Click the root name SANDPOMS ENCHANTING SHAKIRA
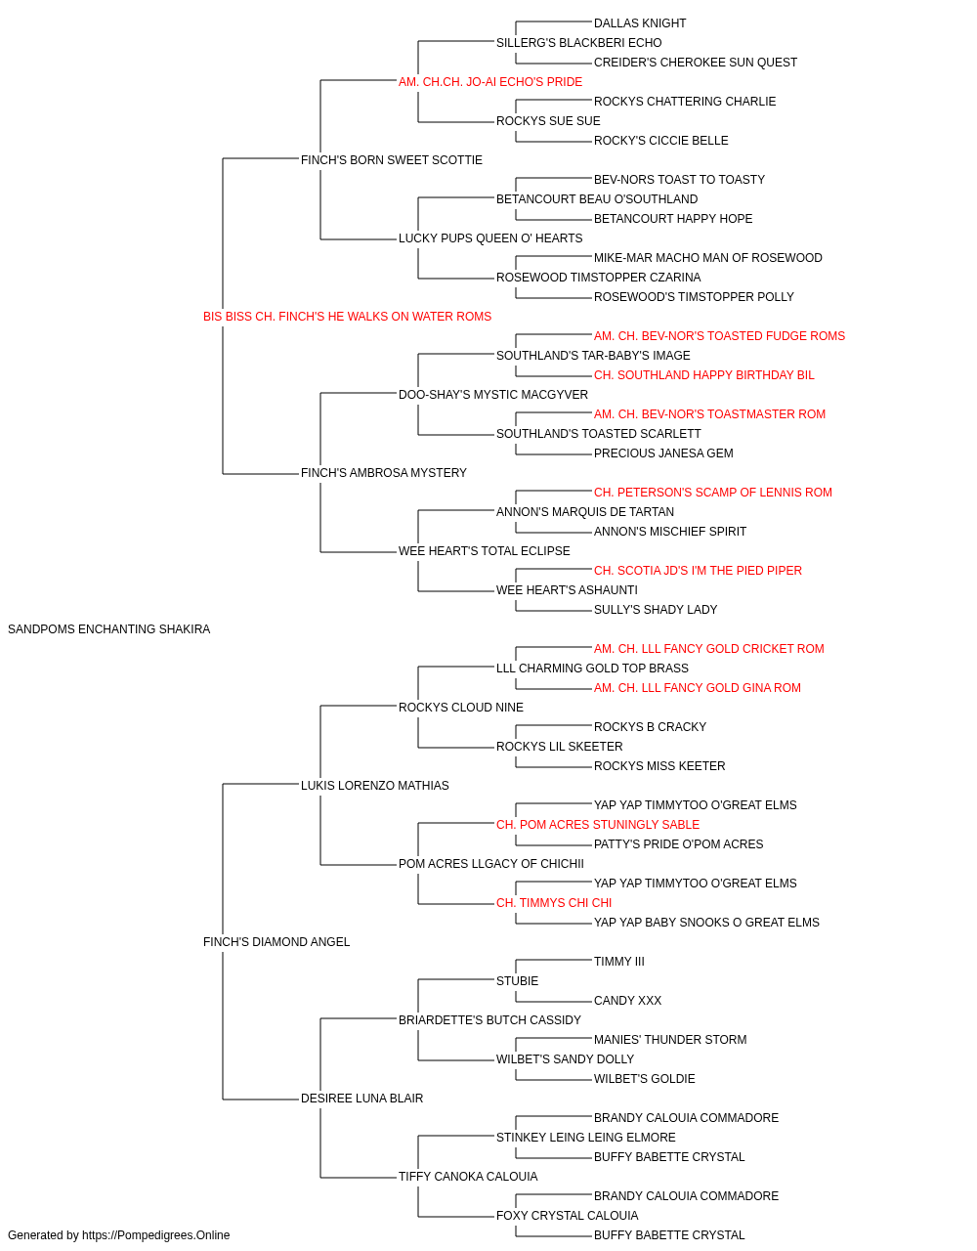108,629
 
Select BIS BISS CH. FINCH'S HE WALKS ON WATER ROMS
347,317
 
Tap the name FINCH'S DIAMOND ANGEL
276,942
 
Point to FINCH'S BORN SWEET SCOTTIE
391,160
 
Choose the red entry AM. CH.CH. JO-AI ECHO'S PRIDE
490,82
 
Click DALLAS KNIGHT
640,23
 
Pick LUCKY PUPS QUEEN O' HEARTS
490,238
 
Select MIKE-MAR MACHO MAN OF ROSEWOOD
707,258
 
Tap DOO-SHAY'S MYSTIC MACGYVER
493,395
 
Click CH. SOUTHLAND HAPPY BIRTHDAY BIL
703,375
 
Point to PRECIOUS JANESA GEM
663,453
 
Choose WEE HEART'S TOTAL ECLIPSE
484,551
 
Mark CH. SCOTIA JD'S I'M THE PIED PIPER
698,571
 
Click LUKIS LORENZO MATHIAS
374,786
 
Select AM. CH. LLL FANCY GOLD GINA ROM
698,688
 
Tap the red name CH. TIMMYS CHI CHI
554,903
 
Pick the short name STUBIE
517,981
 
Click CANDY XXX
627,1001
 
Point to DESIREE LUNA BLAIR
361,1099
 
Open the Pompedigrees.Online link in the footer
155,1235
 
